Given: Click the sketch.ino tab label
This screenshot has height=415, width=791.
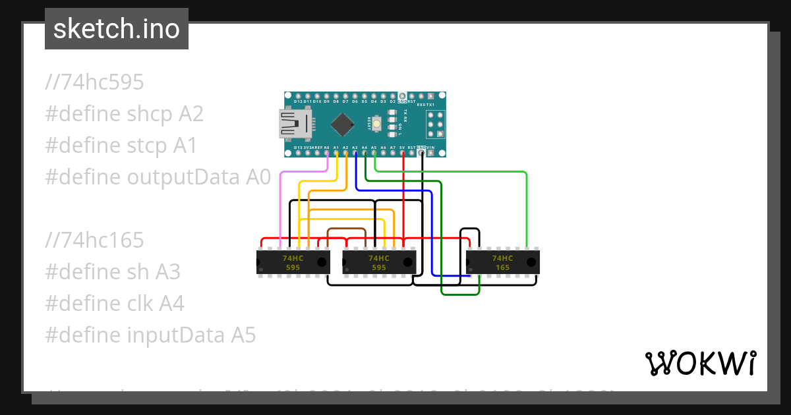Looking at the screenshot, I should coord(117,29).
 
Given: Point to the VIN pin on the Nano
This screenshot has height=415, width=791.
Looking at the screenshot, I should coord(430,153).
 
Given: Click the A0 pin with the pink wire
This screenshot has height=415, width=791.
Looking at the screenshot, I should coord(327,153).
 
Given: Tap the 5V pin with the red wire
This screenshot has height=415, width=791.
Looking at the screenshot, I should coord(402,153).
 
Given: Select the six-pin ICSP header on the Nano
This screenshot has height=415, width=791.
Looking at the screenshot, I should coord(435,124).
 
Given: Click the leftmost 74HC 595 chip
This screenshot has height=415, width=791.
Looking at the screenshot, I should coord(293,262).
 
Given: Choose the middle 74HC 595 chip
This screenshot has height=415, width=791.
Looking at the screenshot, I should coord(380,262).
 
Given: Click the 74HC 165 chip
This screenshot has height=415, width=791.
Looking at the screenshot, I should coord(503,262).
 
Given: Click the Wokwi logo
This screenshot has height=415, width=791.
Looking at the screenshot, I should coord(699,363).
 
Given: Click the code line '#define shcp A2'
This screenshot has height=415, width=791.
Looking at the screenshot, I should coord(125,114).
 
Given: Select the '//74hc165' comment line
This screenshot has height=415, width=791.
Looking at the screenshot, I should coord(95,240).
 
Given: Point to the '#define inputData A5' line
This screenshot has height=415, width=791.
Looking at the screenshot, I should coord(150,335).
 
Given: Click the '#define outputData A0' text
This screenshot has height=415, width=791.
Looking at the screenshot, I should coord(158,177).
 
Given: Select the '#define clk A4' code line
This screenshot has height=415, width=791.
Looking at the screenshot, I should coord(115,304).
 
